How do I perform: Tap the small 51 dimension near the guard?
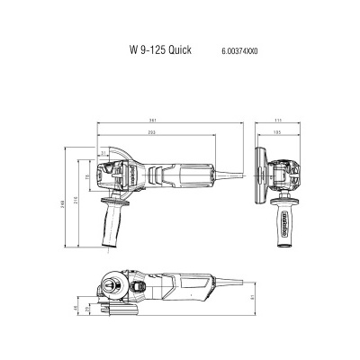tap(104, 154)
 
